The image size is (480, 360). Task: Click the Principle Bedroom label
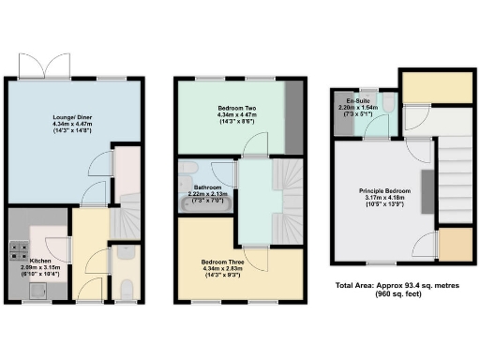pyautogui.click(x=383, y=191)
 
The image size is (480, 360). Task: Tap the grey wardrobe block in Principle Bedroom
pyautogui.click(x=427, y=192)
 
